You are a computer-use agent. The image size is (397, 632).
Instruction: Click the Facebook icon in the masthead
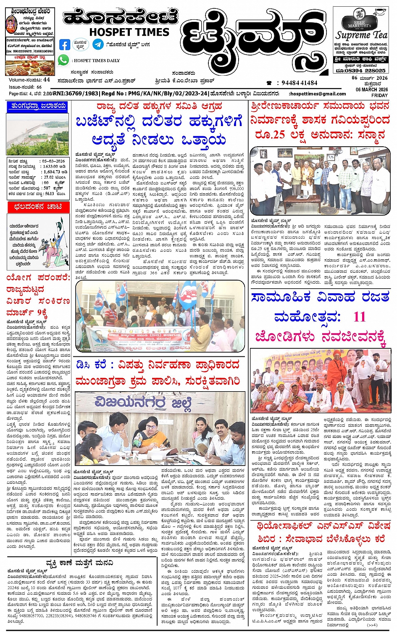(65, 44)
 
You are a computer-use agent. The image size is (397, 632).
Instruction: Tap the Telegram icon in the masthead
(98, 44)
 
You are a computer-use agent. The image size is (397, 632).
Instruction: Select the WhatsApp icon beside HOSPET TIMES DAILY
(63, 60)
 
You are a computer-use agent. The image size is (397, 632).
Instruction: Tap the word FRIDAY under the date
(379, 95)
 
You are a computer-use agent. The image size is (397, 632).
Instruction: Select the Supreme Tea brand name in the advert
(361, 35)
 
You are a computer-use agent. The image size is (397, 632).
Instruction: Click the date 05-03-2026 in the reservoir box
(53, 161)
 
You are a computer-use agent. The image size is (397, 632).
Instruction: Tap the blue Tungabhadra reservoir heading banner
(38, 107)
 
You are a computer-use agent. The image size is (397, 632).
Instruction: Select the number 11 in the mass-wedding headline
(359, 316)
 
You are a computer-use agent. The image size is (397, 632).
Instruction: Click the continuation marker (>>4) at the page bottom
(372, 625)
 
